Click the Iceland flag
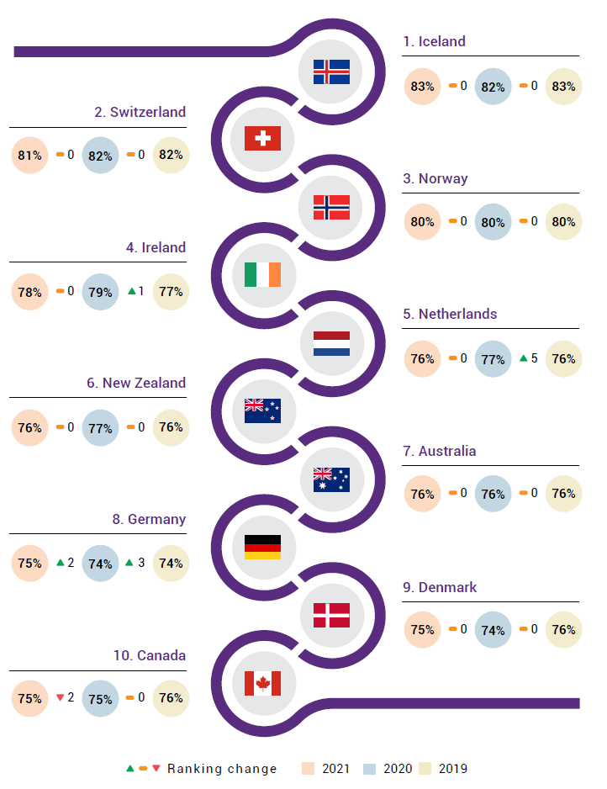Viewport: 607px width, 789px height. pyautogui.click(x=331, y=72)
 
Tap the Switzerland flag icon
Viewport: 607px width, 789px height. pyautogui.click(x=262, y=139)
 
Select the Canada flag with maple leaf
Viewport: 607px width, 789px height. pyautogui.click(x=262, y=683)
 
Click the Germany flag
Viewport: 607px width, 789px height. pyautogui.click(x=262, y=547)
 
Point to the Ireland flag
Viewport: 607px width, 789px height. pyautogui.click(x=262, y=275)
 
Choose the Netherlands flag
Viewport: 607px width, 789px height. pyautogui.click(x=331, y=343)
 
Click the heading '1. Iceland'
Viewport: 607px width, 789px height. pyautogui.click(x=434, y=41)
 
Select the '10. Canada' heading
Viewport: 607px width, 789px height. pyautogui.click(x=150, y=655)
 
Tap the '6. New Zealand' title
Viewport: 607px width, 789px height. pyautogui.click(x=135, y=383)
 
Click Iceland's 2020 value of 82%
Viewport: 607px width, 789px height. pyautogui.click(x=493, y=87)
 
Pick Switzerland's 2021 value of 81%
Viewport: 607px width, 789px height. pyautogui.click(x=29, y=156)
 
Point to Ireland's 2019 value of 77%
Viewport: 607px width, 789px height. pyautogui.click(x=171, y=292)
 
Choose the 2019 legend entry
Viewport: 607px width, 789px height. pyautogui.click(x=444, y=769)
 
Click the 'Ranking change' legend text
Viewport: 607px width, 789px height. pyautogui.click(x=222, y=769)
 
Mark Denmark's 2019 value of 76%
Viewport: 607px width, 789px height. pyautogui.click(x=563, y=630)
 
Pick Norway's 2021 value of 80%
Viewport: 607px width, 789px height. pyautogui.click(x=422, y=222)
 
